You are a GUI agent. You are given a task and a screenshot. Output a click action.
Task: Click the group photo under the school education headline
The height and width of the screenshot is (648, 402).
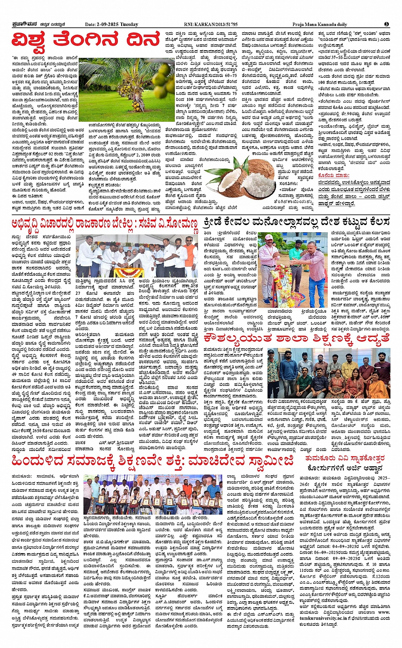point(329,374)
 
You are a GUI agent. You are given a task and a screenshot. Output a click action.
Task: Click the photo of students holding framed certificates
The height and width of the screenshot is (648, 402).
point(153,494)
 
